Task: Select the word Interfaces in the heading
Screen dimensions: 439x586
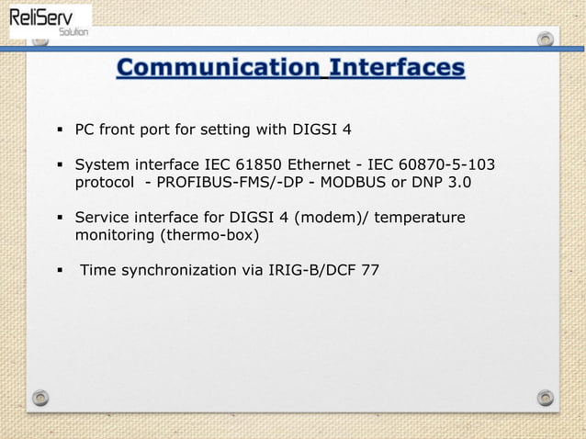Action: point(397,68)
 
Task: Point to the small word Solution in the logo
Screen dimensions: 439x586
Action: point(73,32)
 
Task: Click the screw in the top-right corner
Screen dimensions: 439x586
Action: point(546,39)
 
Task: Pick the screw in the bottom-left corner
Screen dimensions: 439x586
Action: point(39,398)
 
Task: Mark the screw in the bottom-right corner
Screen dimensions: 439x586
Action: point(546,398)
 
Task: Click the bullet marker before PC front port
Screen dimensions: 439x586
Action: point(60,128)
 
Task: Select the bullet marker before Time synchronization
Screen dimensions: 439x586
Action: point(60,272)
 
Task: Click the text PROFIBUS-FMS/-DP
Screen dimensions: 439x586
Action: point(220,182)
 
